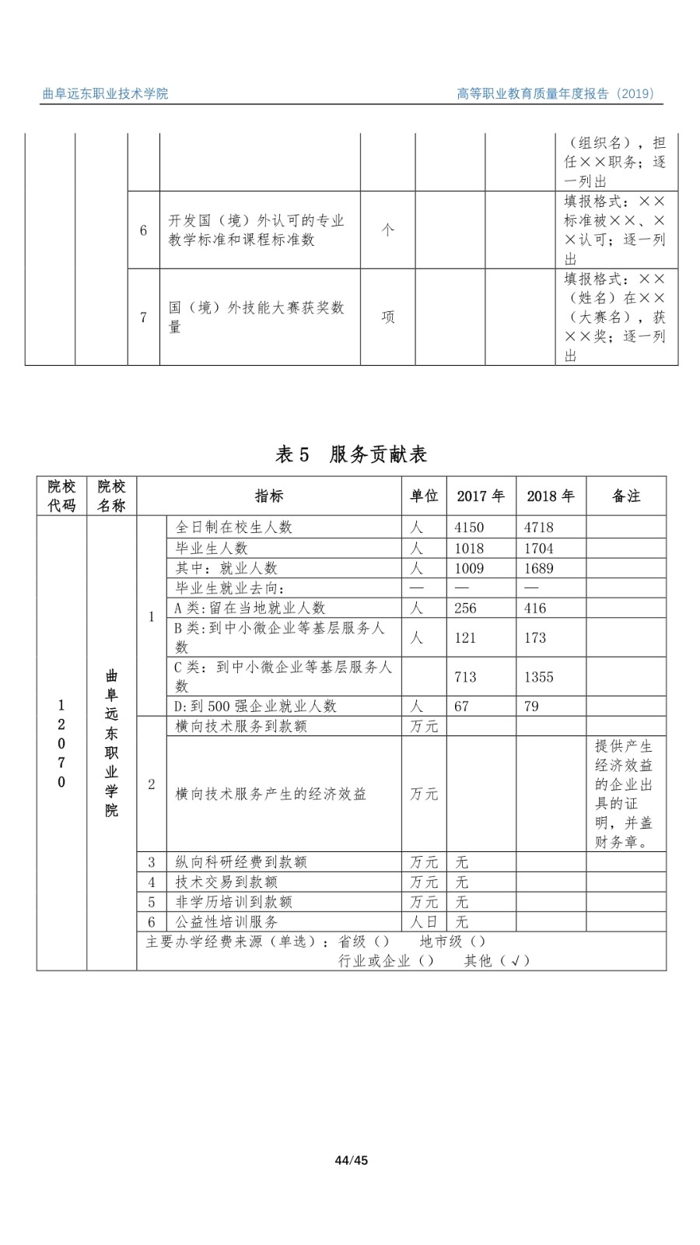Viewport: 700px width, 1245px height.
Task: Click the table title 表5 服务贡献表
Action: [352, 454]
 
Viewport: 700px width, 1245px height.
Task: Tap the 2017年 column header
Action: [480, 496]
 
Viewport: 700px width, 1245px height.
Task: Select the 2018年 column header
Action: [550, 496]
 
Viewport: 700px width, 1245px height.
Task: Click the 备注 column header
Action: [626, 496]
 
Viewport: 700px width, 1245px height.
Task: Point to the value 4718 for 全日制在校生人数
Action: [539, 528]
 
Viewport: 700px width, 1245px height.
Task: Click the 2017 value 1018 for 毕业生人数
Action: [469, 549]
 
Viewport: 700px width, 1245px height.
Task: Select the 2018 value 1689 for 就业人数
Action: [539, 569]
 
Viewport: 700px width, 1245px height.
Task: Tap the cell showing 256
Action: [465, 608]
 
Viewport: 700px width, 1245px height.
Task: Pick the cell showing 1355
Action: [539, 677]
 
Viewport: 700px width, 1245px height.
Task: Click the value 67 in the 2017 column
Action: [462, 707]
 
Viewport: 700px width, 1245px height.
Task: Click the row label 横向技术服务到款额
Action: [241, 726]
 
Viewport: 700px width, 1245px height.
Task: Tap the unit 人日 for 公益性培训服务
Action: [424, 922]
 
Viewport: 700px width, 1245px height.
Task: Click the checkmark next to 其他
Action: [515, 961]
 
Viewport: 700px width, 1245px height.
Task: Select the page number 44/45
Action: [351, 1161]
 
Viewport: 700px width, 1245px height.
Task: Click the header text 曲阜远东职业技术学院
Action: [105, 94]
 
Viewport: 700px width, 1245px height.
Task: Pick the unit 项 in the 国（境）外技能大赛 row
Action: [387, 317]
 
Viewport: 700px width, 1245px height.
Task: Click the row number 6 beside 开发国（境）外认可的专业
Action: [143, 230]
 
